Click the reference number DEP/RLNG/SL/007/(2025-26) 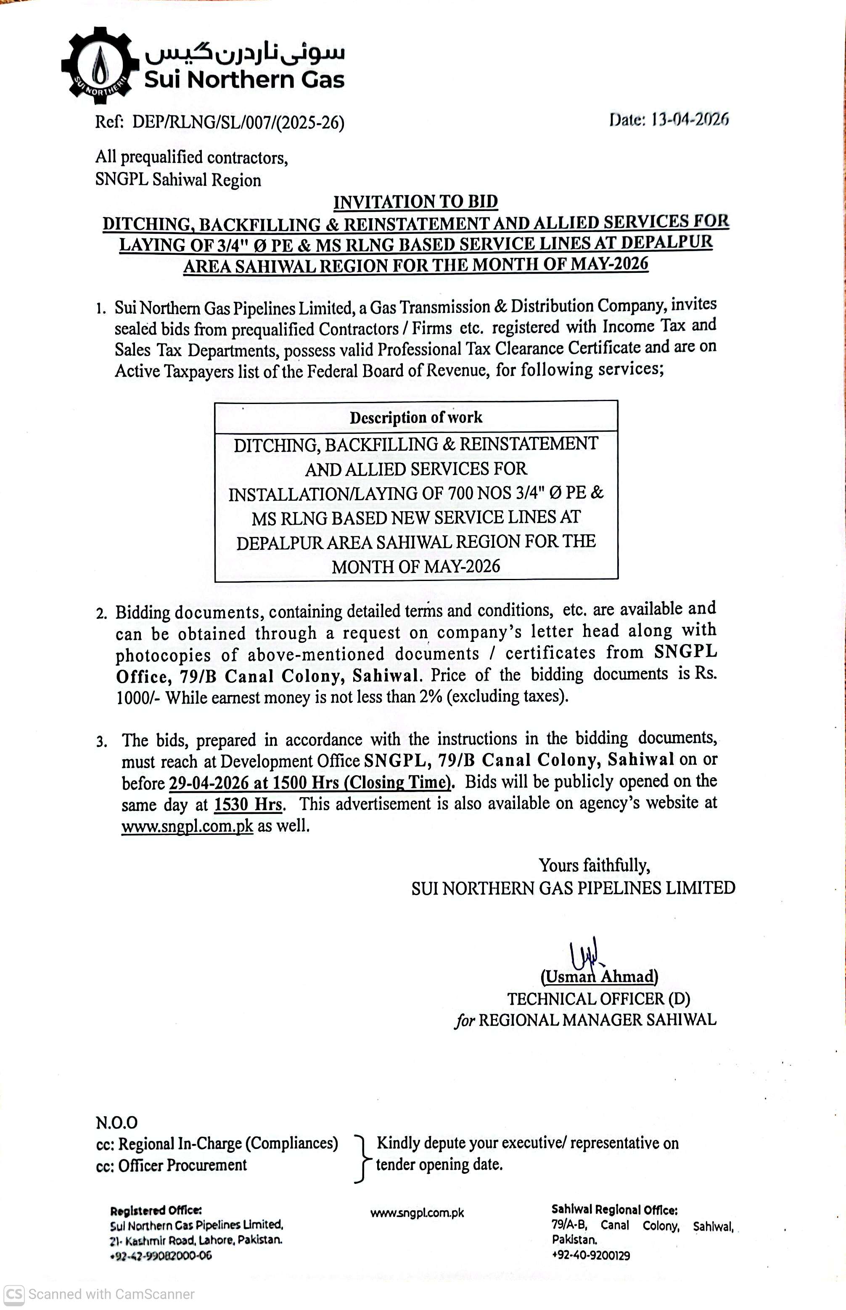tap(238, 122)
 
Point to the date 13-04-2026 tap(690, 119)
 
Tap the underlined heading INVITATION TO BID tap(415, 201)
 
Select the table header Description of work tap(416, 417)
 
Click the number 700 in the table tap(460, 493)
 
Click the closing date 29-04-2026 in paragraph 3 tap(208, 782)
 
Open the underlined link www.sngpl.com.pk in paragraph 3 tap(188, 826)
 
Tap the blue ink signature tap(584, 955)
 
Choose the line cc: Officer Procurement tap(172, 1165)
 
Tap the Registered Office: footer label tap(156, 1210)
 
